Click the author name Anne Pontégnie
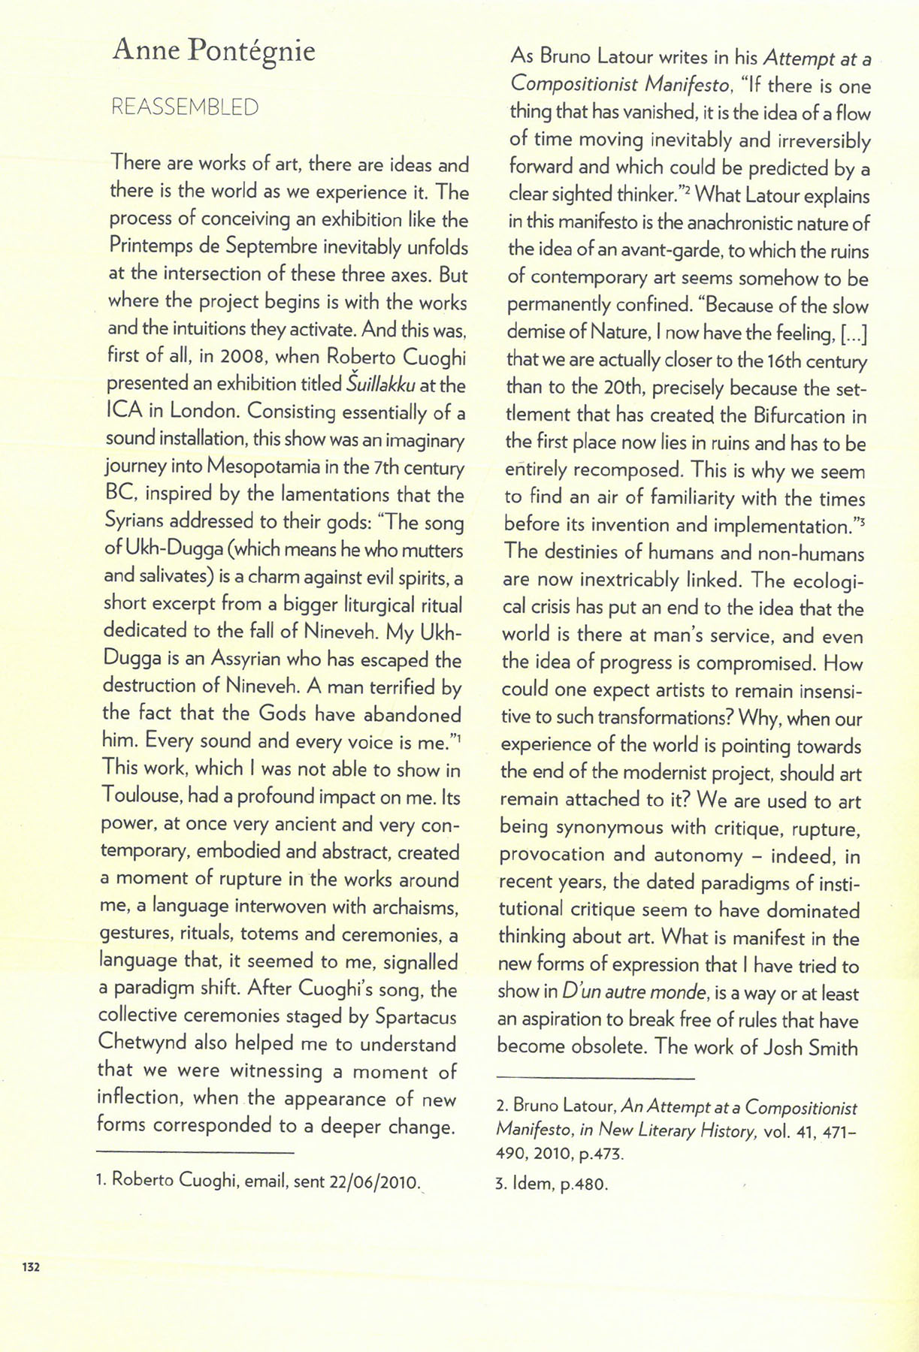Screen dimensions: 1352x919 (213, 51)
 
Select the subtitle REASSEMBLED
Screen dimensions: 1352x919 (184, 107)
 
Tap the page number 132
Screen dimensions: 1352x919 (30, 1267)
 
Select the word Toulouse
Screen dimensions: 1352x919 (141, 797)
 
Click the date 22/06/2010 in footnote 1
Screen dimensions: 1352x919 (373, 1181)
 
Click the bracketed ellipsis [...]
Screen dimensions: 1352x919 (854, 333)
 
